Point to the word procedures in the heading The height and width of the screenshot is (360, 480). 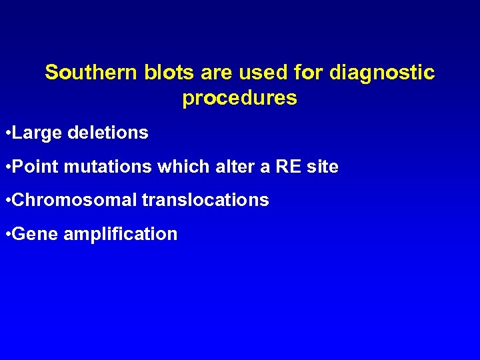point(239,99)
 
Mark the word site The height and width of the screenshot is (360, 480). point(323,167)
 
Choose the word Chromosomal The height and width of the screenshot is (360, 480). point(74,200)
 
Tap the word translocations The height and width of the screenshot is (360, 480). point(205,200)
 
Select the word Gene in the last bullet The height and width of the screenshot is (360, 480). point(35,234)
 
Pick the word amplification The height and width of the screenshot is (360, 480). point(120,234)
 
